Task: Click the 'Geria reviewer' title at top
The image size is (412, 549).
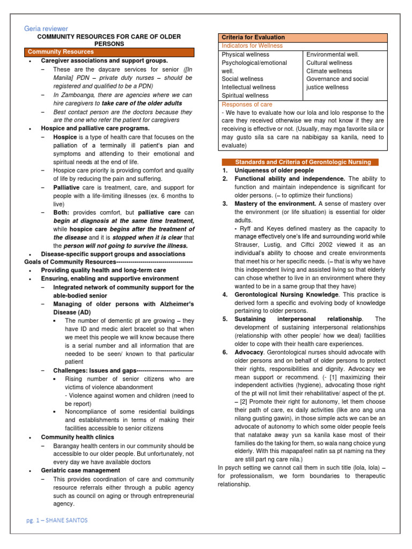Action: [x=46, y=28]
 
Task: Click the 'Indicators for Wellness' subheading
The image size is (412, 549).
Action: [x=252, y=46]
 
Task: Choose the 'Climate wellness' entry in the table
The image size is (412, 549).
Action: [x=329, y=71]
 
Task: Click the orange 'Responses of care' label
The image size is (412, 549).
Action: [x=247, y=104]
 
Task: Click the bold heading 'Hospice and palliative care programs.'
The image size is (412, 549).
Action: [x=95, y=129]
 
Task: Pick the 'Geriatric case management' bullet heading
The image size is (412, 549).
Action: [x=80, y=470]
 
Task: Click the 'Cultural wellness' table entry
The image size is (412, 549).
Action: [x=329, y=63]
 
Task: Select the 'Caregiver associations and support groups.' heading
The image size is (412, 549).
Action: [x=104, y=61]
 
